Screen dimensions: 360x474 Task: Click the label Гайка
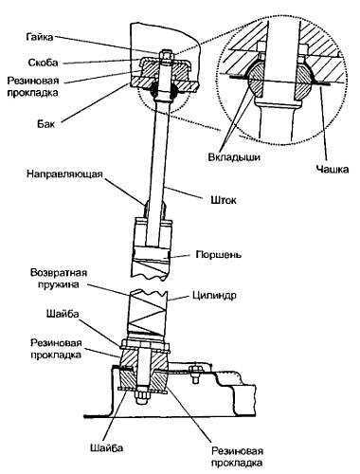tap(40, 37)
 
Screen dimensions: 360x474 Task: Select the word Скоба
tap(44, 63)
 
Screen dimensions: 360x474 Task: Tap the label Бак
tap(45, 123)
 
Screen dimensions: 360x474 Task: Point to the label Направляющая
tap(64, 174)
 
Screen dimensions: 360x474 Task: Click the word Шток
tap(224, 200)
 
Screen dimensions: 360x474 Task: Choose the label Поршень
tap(219, 254)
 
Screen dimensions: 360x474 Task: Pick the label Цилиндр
tap(214, 296)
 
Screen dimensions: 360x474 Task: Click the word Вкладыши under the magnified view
tap(234, 157)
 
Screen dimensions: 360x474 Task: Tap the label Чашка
tap(333, 170)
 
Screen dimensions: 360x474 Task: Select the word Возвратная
tap(59, 272)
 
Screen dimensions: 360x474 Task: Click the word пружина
tap(59, 284)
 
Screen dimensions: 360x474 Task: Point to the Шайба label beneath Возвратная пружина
tap(63, 314)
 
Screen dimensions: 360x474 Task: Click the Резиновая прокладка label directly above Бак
tap(33, 86)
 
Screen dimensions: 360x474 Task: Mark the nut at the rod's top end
tap(167, 56)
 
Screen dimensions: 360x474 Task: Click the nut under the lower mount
tap(143, 395)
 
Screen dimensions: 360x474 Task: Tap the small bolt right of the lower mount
tap(194, 374)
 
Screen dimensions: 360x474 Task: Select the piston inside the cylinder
tap(152, 254)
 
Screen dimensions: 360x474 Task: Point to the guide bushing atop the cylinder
tap(154, 210)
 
